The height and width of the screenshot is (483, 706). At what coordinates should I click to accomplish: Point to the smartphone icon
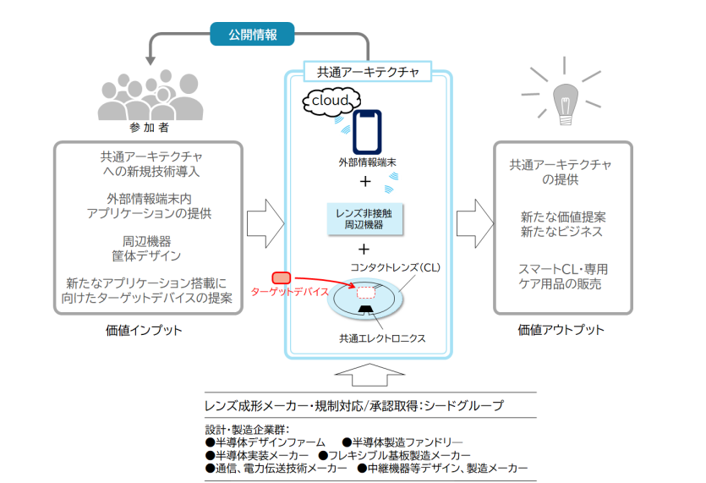coord(367,131)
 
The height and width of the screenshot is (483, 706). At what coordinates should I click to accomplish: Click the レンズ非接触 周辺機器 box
coord(364,220)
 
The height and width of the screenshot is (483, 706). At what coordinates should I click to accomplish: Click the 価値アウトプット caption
coord(561,329)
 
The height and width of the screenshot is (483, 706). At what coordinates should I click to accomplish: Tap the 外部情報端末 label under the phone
coord(365,162)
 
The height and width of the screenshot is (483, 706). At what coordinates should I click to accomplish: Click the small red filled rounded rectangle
coord(282,277)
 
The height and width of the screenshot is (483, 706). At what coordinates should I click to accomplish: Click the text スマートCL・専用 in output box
coord(562,270)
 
